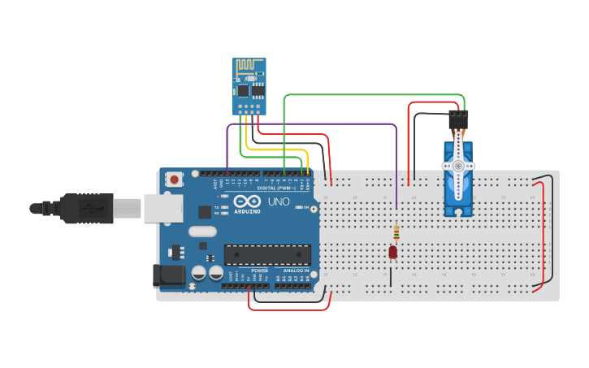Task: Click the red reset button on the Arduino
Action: [174, 179]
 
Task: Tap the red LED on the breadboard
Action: [393, 253]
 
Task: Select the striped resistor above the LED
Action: [396, 233]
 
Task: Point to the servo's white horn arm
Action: [459, 165]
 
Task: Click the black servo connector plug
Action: [458, 119]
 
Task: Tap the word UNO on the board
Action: [278, 201]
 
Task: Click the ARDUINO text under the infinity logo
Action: [247, 211]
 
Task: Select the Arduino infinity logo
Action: [247, 201]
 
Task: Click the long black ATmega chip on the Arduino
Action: [267, 254]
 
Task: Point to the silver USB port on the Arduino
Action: [163, 208]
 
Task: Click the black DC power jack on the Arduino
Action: [170, 275]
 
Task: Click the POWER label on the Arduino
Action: [259, 270]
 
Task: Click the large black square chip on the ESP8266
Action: [258, 89]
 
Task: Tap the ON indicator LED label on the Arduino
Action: [305, 208]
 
